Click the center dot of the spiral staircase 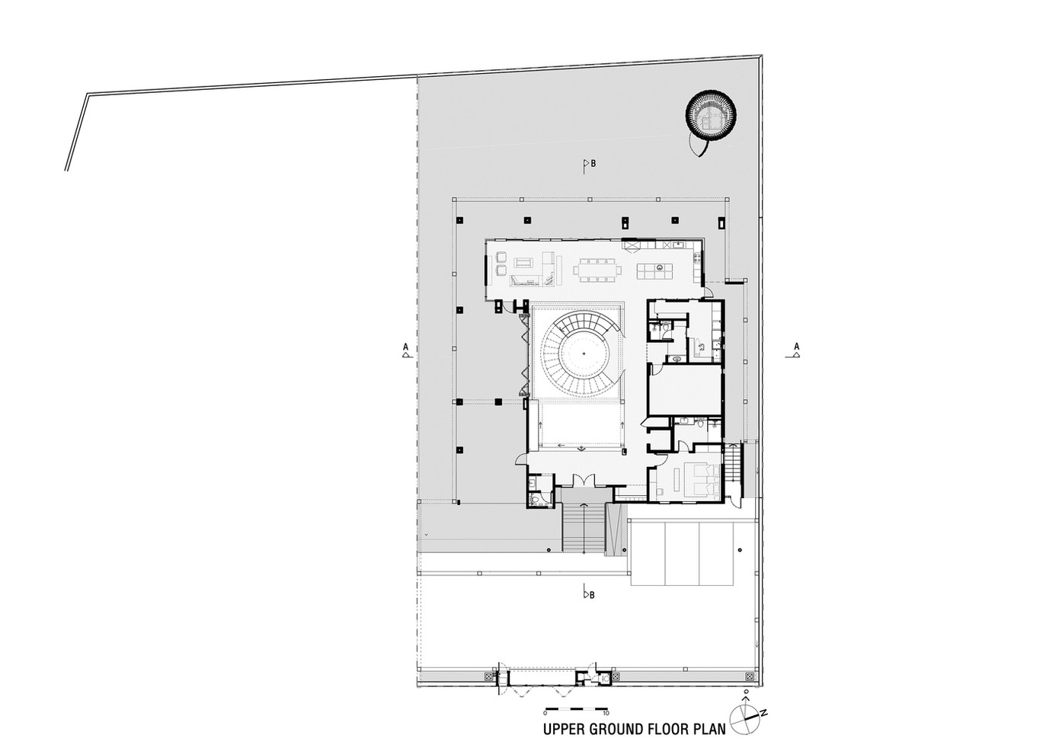point(584,353)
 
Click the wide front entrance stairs point(584,527)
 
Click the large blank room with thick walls point(686,390)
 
